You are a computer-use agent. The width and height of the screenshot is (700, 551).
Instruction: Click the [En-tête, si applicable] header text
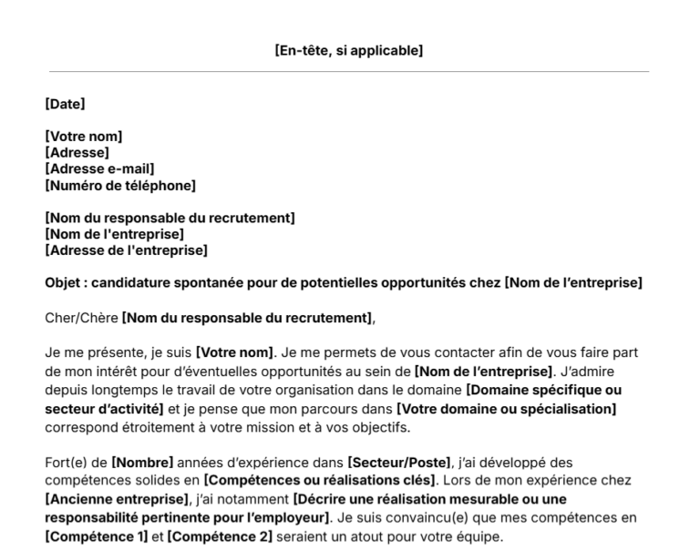[349, 51]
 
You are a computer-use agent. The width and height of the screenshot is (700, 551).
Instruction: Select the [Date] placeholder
[65, 104]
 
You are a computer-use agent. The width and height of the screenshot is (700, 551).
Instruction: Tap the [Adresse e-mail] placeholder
[99, 169]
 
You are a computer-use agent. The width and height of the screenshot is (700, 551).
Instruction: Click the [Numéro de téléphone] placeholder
[120, 186]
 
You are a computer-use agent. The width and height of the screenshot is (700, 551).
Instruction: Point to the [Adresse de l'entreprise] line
[126, 250]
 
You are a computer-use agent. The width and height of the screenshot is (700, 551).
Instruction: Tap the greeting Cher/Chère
[81, 318]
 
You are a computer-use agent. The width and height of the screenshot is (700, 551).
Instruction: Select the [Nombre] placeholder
[141, 463]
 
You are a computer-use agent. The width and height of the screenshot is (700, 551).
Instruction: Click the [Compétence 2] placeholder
[219, 536]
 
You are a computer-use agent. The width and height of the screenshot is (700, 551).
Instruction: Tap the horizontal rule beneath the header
[349, 72]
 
